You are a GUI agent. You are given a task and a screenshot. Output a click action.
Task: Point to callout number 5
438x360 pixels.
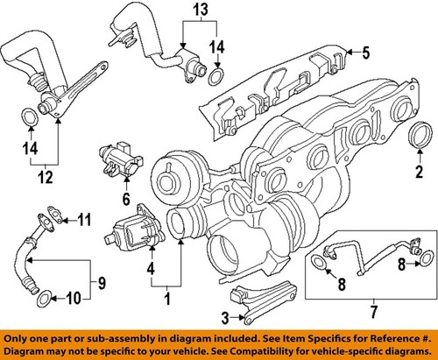coord(365,53)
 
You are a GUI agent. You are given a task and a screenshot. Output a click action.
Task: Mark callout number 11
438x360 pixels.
coord(84,217)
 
